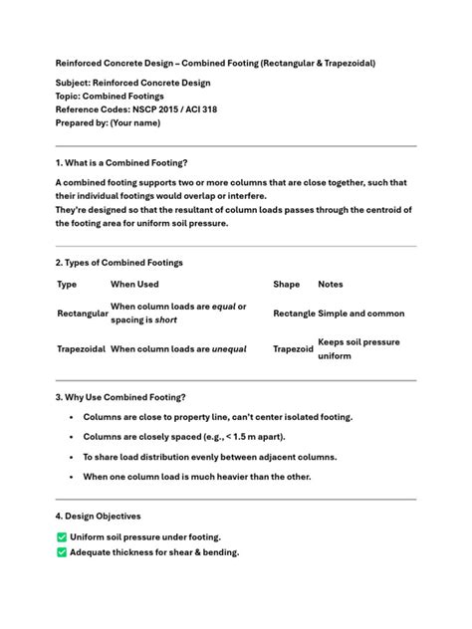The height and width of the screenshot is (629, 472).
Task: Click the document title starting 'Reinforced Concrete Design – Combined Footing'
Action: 215,63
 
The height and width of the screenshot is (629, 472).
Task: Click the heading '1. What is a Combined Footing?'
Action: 121,162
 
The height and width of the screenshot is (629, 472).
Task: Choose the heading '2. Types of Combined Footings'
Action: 118,263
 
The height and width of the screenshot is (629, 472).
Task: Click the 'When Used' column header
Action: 134,285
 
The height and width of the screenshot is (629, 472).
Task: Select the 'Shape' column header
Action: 286,285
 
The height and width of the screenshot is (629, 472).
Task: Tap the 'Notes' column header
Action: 330,285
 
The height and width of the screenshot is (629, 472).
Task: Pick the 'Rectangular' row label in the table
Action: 83,314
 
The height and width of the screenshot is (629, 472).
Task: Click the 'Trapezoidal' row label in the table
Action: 82,349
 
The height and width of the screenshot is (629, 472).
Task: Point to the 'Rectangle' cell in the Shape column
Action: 294,314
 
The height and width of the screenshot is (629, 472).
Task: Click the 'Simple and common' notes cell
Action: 360,314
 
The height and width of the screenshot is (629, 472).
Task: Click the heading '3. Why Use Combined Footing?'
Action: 119,397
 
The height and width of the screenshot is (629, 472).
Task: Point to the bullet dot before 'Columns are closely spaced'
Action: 71,437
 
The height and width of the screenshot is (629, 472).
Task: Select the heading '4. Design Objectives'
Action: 98,517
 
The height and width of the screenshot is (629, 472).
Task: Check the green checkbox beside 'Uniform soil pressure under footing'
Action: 62,537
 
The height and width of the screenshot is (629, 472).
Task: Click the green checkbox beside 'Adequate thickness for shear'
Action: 62,552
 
